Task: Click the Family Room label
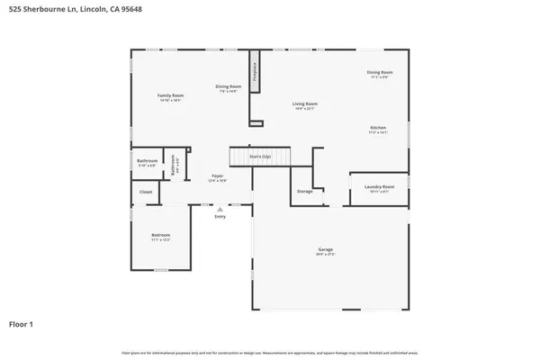[170, 95]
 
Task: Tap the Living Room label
[304, 104]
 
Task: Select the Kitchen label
[378, 129]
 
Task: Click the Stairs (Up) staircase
[261, 157]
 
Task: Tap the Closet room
[146, 192]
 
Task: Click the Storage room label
[305, 192]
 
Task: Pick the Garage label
[325, 251]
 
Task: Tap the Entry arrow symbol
[220, 209]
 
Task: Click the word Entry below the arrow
[220, 217]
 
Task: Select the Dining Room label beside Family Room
[228, 87]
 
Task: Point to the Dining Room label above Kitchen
[379, 73]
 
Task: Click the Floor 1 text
[22, 323]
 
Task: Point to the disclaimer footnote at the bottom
[270, 351]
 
